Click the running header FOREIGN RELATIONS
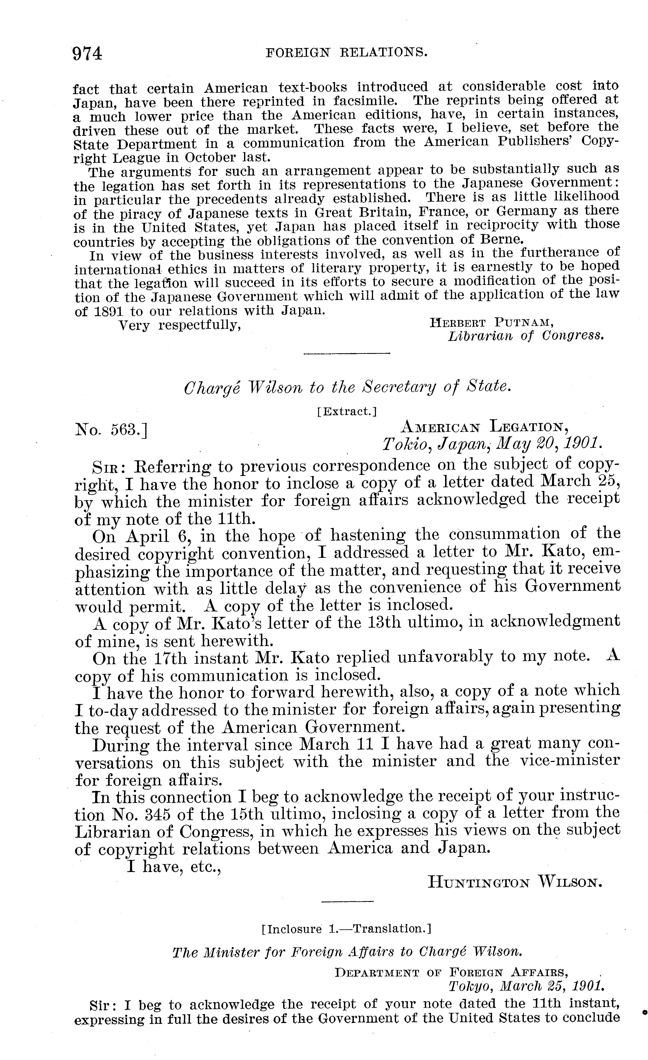347,53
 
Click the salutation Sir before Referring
107,467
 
